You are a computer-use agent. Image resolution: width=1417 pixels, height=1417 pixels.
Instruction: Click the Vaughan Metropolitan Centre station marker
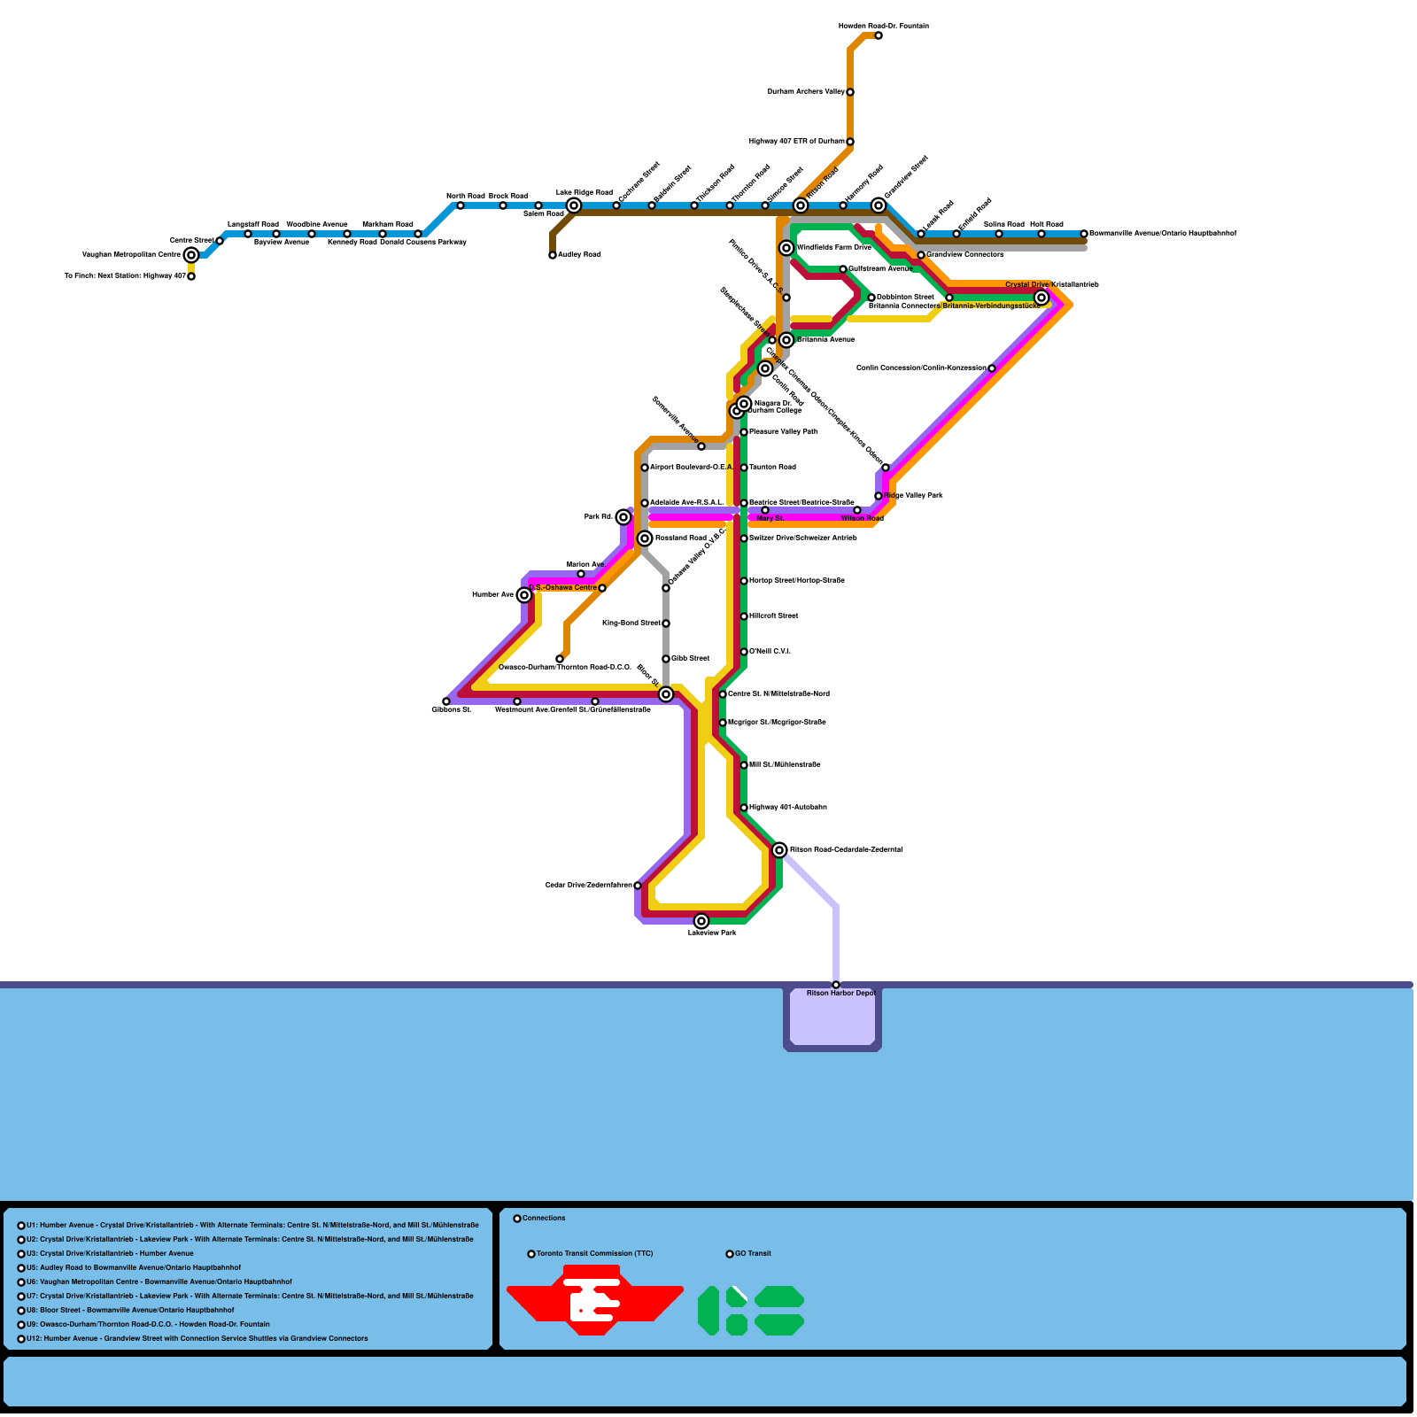click(191, 255)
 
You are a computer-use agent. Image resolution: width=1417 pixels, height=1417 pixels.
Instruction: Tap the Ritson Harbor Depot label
click(840, 994)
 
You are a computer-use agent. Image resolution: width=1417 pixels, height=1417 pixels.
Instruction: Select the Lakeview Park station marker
click(701, 921)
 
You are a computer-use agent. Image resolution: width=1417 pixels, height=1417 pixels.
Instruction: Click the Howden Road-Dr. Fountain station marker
click(879, 35)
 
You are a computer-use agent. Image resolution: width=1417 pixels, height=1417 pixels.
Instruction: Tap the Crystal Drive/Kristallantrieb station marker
click(1041, 298)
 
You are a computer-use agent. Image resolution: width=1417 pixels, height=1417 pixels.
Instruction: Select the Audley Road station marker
click(553, 255)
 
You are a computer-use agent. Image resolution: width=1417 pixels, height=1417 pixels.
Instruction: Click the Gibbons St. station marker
click(446, 701)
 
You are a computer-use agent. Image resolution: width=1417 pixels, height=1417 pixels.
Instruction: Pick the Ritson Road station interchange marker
click(779, 850)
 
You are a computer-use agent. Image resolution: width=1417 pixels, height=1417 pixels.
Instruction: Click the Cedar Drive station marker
click(638, 886)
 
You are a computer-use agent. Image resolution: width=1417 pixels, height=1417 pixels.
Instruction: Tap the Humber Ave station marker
click(524, 595)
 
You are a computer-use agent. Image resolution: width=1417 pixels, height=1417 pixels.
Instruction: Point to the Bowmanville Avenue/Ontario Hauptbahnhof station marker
click(1084, 234)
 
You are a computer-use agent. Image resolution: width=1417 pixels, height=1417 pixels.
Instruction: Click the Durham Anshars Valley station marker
click(850, 92)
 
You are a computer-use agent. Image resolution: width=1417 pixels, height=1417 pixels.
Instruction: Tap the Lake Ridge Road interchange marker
click(574, 205)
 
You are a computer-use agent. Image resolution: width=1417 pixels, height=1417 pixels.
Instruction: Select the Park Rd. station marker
click(623, 517)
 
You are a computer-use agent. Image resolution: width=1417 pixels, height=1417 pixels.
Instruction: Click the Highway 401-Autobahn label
click(787, 808)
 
